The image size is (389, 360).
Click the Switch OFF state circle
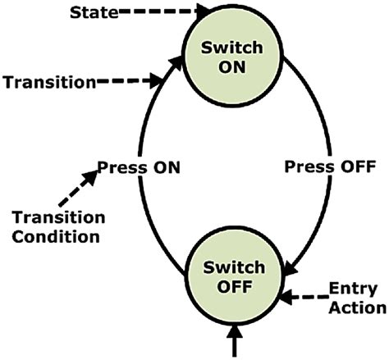tap(236, 276)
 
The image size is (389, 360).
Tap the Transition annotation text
tap(49, 81)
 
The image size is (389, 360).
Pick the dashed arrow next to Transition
tap(130, 81)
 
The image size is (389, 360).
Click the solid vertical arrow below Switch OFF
tap(236, 340)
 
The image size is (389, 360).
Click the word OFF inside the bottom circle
tap(236, 286)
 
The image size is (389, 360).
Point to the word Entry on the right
tap(353, 289)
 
